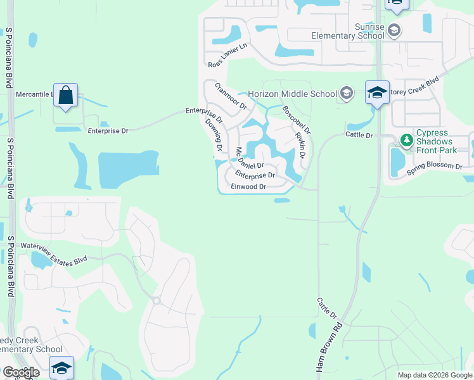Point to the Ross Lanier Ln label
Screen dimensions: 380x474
pos(227,56)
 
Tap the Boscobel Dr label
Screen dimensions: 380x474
pos(297,119)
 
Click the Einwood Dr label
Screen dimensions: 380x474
pos(248,187)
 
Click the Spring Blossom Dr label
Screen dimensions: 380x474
pos(435,166)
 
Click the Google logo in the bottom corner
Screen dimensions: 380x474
pos(21,372)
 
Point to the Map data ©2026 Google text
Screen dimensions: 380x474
pos(435,375)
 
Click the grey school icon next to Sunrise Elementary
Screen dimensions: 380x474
pos(394,30)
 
